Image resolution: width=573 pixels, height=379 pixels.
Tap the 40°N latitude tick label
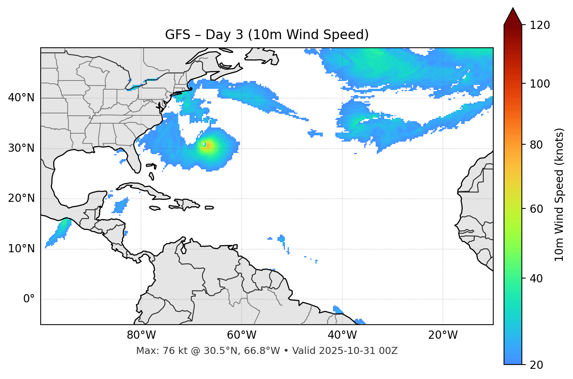pyautogui.click(x=21, y=98)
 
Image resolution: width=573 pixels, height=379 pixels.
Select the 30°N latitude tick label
pyautogui.click(x=21, y=148)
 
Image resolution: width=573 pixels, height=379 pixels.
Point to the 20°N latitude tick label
pyautogui.click(x=21, y=198)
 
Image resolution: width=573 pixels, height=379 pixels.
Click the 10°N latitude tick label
pyautogui.click(x=21, y=249)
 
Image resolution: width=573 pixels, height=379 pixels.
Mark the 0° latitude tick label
pyautogui.click(x=29, y=299)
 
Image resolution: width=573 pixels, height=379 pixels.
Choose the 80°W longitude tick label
pyautogui.click(x=141, y=335)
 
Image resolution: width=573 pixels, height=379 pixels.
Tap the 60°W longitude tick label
pyautogui.click(x=242, y=335)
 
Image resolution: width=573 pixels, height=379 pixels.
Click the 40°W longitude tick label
pyautogui.click(x=342, y=335)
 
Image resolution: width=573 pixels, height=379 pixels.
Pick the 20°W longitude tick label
pyautogui.click(x=442, y=335)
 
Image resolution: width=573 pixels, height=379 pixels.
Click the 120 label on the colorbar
pyautogui.click(x=539, y=25)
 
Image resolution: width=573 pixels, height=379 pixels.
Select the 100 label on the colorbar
pyautogui.click(x=539, y=84)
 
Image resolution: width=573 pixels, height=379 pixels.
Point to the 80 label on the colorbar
pyautogui.click(x=537, y=145)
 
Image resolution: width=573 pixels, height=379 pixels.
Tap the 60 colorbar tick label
pyautogui.click(x=537, y=209)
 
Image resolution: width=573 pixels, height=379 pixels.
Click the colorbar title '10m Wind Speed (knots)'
pyautogui.click(x=559, y=194)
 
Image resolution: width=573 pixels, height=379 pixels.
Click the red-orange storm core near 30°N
pyautogui.click(x=208, y=145)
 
